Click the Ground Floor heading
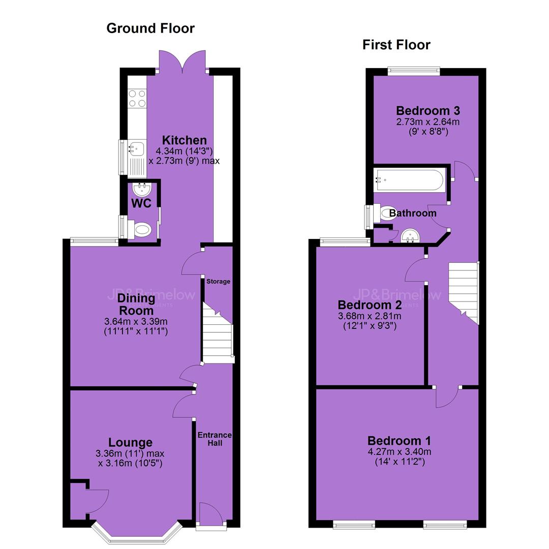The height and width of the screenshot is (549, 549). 150,28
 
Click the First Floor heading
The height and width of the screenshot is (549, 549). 396,45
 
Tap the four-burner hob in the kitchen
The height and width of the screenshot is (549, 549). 137,99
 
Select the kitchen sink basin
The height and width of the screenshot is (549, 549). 137,148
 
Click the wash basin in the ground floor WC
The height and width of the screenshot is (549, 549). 142,190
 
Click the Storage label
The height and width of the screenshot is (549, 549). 218,282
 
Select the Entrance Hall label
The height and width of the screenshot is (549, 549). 215,439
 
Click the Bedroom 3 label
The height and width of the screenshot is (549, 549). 428,111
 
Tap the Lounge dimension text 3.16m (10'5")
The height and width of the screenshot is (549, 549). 130,463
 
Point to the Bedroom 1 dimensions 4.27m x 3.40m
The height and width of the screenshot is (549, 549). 400,452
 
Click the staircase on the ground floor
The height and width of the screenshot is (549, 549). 218,334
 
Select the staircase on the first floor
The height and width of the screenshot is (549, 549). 464,293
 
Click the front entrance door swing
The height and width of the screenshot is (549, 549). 211,513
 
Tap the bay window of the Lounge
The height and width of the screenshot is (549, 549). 137,533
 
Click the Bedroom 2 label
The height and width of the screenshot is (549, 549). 370,304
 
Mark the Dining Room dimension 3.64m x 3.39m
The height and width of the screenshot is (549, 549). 136,321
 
